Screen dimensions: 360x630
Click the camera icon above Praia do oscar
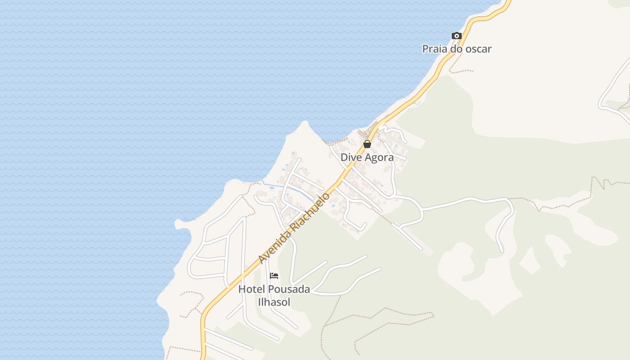click(456, 36)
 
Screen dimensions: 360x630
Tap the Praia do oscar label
click(456, 49)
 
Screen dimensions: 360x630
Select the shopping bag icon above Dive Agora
click(367, 144)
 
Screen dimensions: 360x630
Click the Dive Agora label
click(367, 157)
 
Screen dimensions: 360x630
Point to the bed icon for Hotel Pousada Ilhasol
click(274, 276)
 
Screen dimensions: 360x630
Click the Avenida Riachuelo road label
click(294, 229)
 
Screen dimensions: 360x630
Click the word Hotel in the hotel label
click(252, 289)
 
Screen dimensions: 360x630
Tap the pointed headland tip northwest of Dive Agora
click(306, 122)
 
